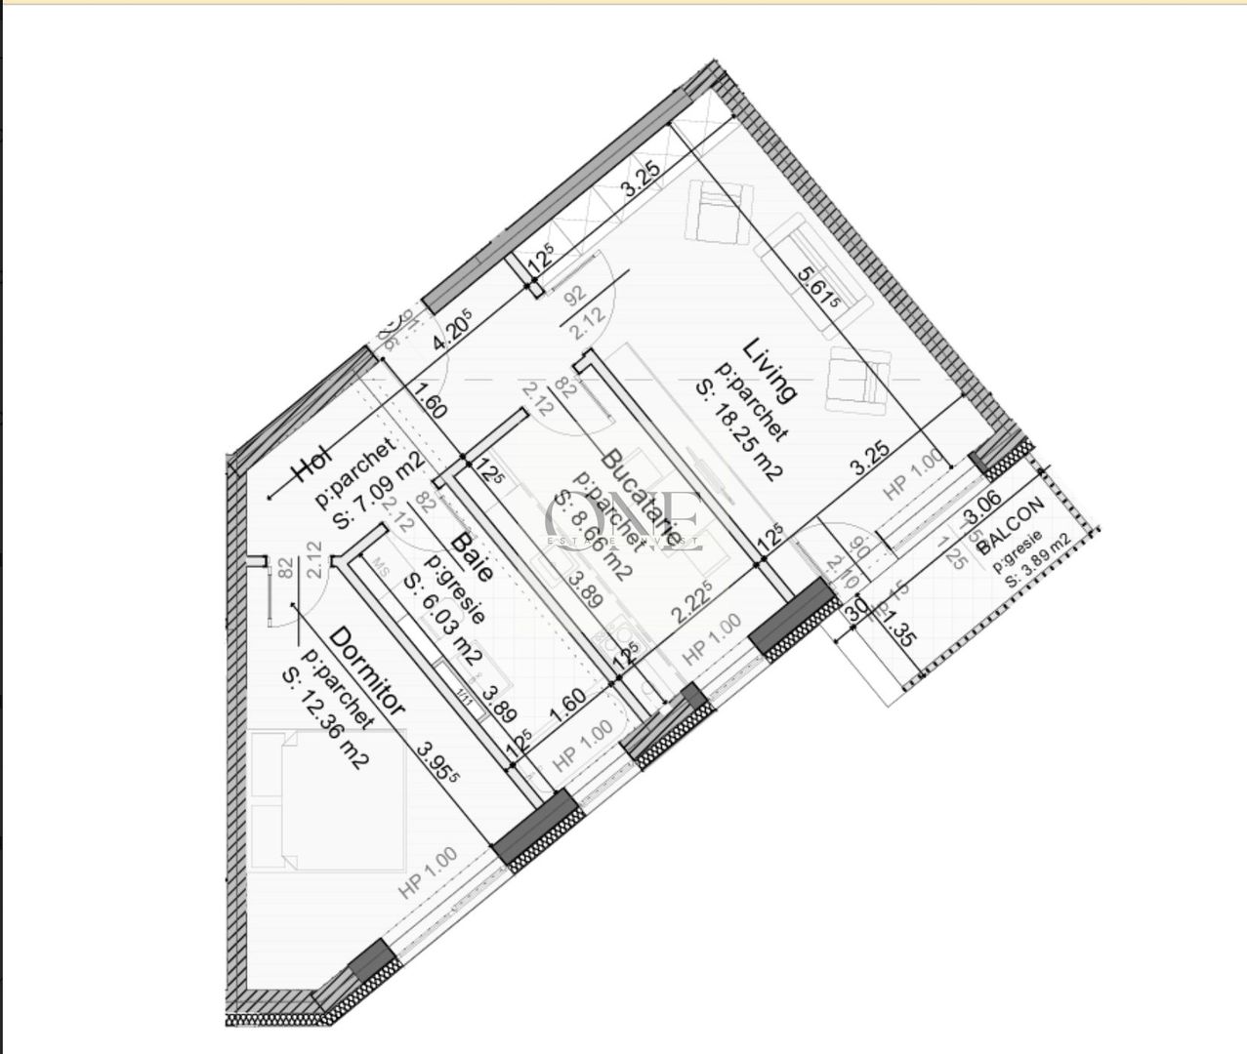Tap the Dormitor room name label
coord(367,671)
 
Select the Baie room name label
coord(471,556)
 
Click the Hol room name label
coord(314,466)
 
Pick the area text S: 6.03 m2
coord(441,618)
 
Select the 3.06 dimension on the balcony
coord(982,509)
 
